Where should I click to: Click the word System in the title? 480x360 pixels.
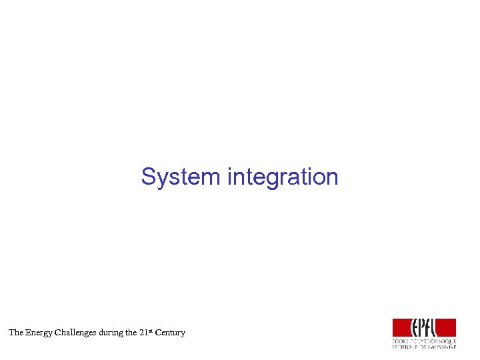pos(181,177)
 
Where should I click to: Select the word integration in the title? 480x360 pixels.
pos(283,177)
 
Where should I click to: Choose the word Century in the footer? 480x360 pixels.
pos(170,332)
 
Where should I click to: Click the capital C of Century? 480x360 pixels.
pos(158,332)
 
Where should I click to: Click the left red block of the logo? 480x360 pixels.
pos(401,327)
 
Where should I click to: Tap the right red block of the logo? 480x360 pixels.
pos(447,327)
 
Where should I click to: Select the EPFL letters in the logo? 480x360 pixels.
pos(424,327)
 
